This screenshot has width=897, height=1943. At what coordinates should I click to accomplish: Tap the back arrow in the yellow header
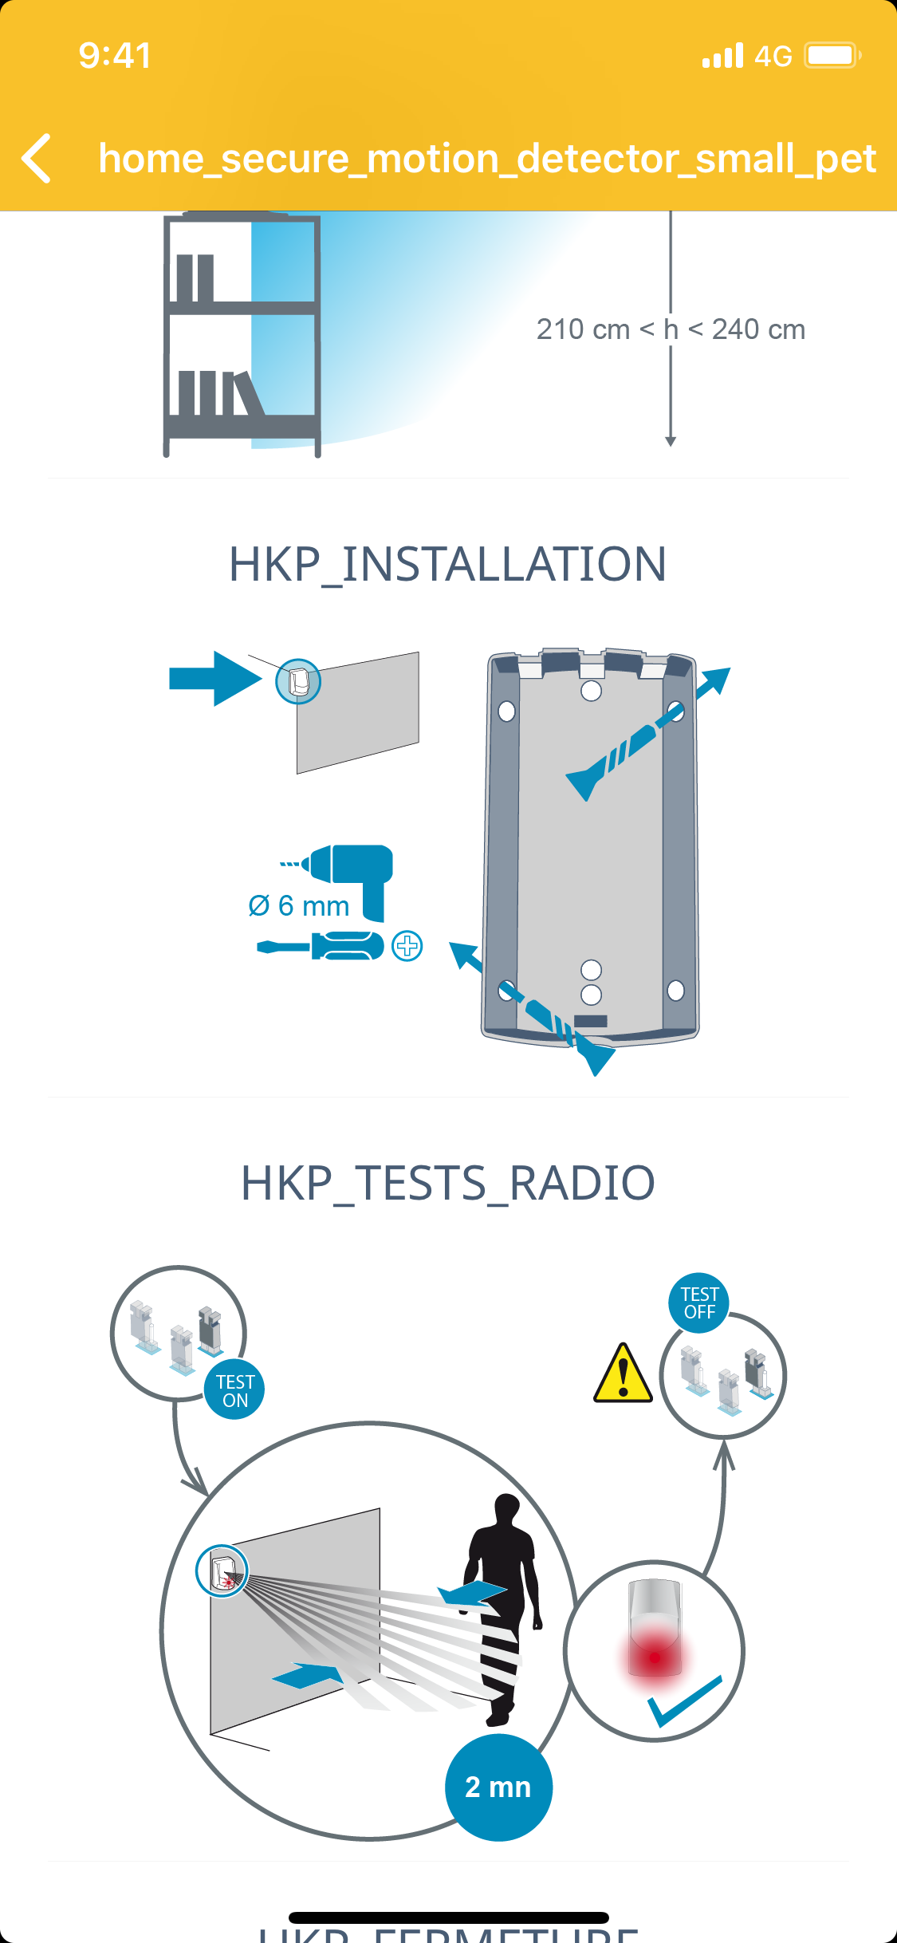point(37,158)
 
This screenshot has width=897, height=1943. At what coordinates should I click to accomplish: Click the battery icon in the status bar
point(832,56)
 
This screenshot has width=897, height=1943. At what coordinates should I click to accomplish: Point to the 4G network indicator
point(773,57)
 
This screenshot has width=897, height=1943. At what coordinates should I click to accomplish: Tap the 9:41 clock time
point(115,56)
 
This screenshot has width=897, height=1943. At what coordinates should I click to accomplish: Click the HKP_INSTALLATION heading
point(447,565)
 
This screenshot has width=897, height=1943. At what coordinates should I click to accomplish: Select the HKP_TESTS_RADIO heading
point(447,1183)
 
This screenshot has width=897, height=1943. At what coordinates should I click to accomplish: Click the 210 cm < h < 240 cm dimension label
point(671,329)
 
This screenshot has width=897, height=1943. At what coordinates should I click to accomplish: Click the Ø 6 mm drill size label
point(299,906)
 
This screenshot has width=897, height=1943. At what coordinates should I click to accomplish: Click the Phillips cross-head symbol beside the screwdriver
point(407,947)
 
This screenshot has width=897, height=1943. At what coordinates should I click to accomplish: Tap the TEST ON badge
point(234,1390)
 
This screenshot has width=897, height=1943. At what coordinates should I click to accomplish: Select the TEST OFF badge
point(699,1303)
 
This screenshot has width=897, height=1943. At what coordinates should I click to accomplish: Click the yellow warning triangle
point(623,1374)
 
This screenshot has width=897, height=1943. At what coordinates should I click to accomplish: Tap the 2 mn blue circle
point(498,1787)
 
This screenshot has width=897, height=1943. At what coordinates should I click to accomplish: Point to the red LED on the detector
point(655,1657)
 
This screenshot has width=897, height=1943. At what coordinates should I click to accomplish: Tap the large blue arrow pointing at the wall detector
point(214,679)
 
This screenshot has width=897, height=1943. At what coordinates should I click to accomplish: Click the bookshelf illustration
point(242,335)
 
